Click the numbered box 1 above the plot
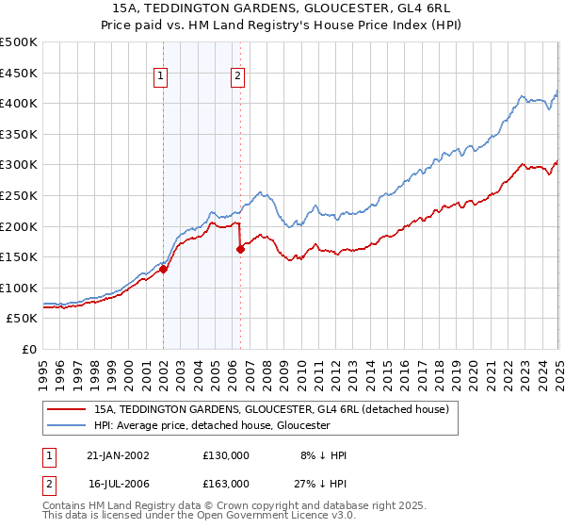click(x=161, y=77)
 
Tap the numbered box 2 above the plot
click(x=237, y=77)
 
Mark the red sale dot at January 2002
click(x=163, y=269)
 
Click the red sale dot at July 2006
click(x=240, y=249)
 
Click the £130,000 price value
click(x=226, y=455)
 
